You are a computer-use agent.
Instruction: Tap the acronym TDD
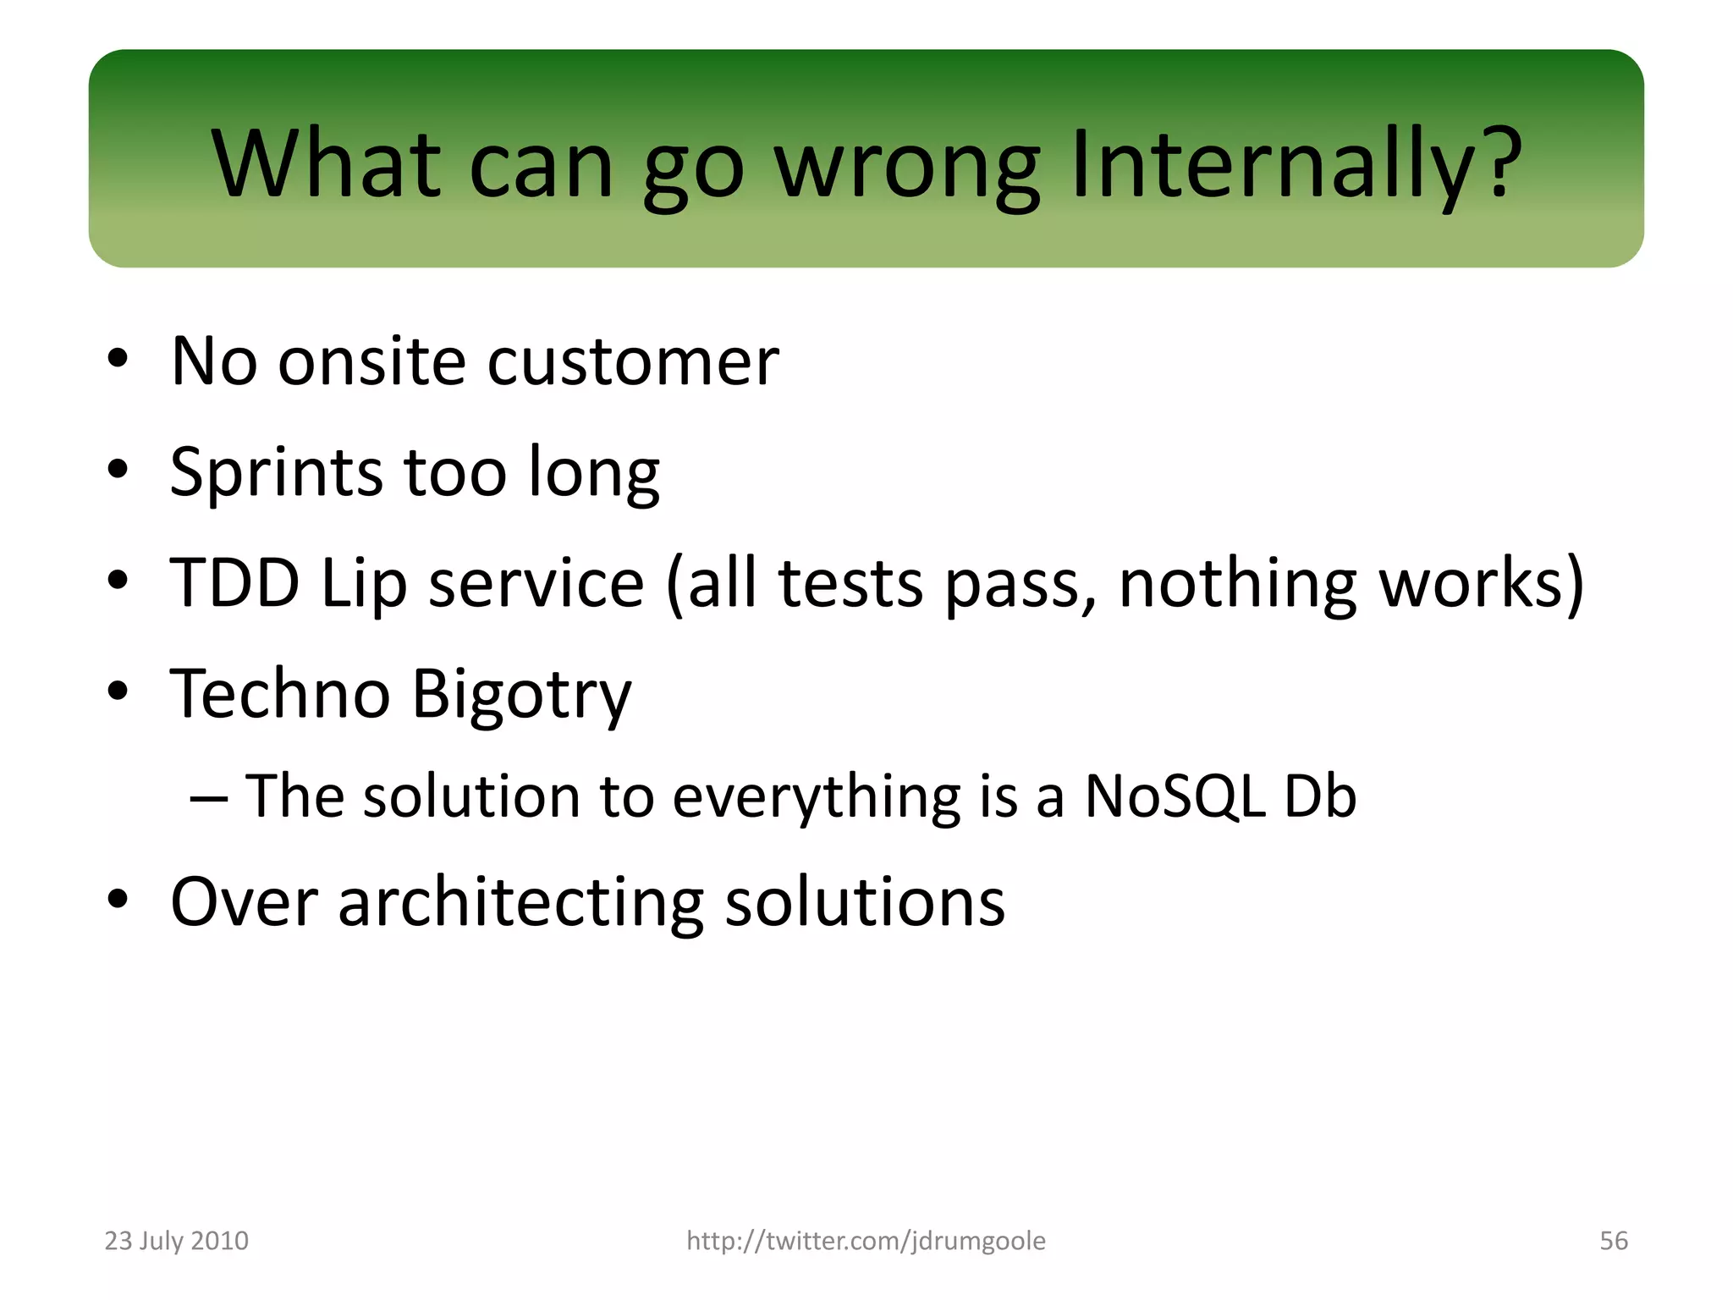click(x=235, y=583)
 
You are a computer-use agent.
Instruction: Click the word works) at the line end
click(x=1481, y=584)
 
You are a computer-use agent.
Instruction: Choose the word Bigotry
click(x=521, y=695)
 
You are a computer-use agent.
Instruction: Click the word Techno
click(x=280, y=693)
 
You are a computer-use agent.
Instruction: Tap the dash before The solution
click(x=208, y=798)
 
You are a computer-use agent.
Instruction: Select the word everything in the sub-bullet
click(x=816, y=798)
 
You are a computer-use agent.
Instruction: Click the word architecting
click(x=520, y=902)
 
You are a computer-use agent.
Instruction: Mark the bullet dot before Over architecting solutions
click(x=118, y=899)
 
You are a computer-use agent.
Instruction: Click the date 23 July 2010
click(x=176, y=1241)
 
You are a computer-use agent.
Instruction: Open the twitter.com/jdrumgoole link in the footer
click(x=866, y=1241)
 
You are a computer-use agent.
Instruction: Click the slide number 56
click(x=1613, y=1241)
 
